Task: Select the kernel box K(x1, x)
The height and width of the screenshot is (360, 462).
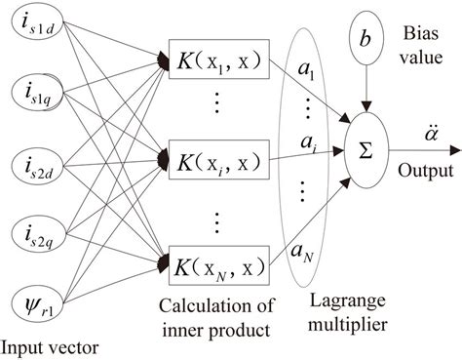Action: tap(217, 60)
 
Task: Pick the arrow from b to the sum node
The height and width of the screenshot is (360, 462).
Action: tap(366, 93)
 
